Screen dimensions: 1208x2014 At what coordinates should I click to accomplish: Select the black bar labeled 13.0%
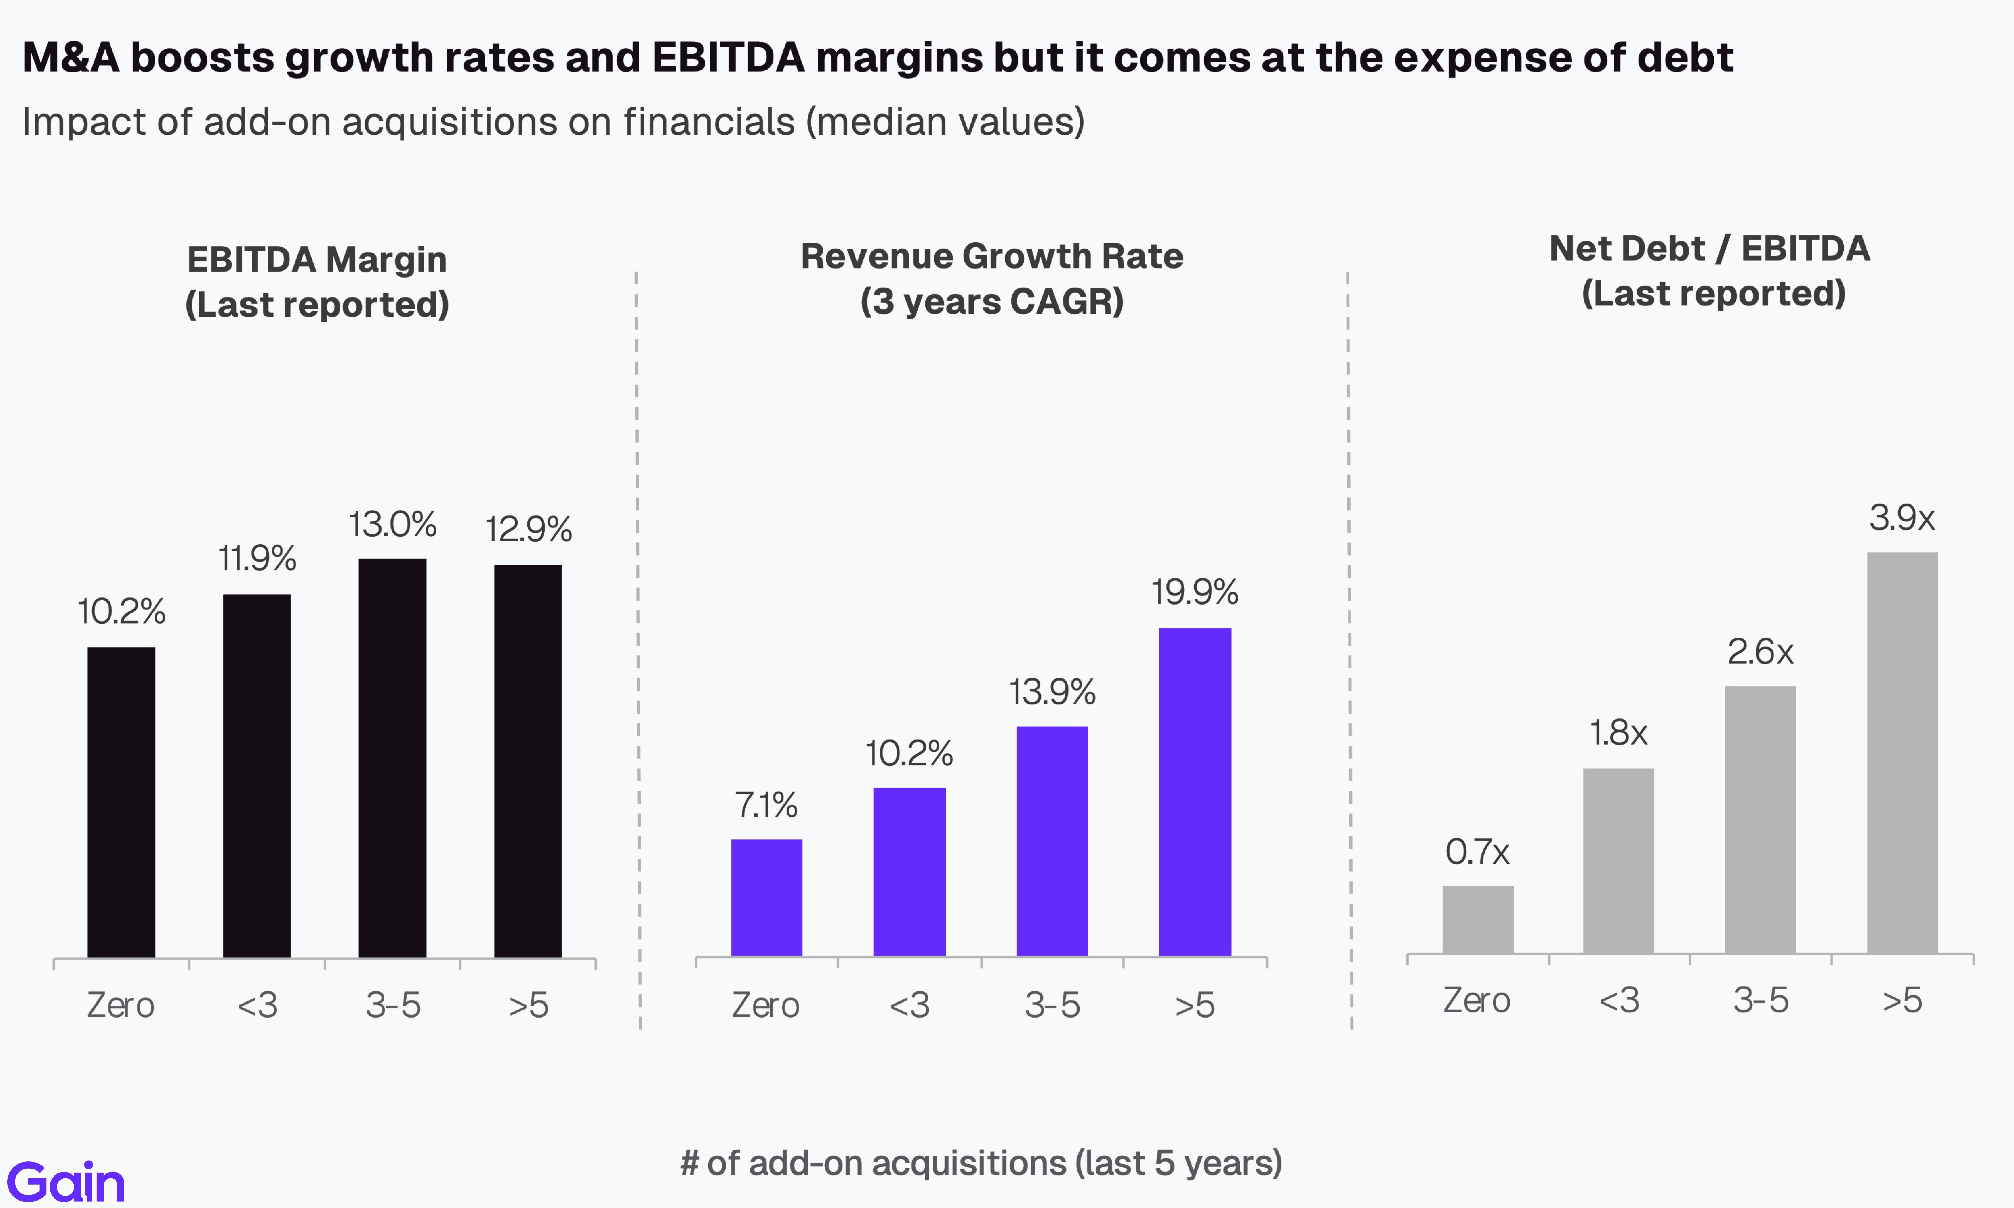[x=392, y=757]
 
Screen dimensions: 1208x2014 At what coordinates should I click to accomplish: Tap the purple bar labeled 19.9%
[x=1194, y=791]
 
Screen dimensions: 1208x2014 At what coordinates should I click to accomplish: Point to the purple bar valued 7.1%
[x=766, y=897]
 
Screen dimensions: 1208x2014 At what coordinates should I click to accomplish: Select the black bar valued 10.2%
[x=121, y=802]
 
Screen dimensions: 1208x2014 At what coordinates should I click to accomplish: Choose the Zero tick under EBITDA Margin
[x=121, y=1005]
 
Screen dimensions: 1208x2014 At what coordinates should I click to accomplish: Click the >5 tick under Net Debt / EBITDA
[x=1902, y=1000]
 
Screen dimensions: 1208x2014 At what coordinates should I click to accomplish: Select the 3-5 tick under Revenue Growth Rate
[x=1052, y=1005]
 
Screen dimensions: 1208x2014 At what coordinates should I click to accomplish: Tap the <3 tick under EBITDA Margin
[x=257, y=1005]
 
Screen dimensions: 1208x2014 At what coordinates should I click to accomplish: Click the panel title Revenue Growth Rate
[x=991, y=257]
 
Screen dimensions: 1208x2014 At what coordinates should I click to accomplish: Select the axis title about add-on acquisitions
[x=981, y=1163]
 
